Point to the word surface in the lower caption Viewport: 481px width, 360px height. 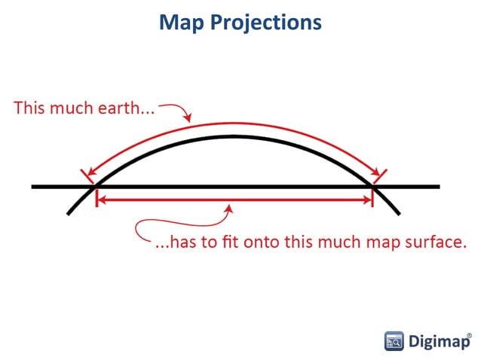pos(437,243)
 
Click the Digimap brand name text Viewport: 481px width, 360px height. pos(436,341)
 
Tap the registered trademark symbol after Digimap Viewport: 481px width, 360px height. pos(470,331)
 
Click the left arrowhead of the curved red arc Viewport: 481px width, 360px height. pos(89,175)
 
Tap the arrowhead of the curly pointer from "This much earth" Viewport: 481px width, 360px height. pos(189,121)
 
